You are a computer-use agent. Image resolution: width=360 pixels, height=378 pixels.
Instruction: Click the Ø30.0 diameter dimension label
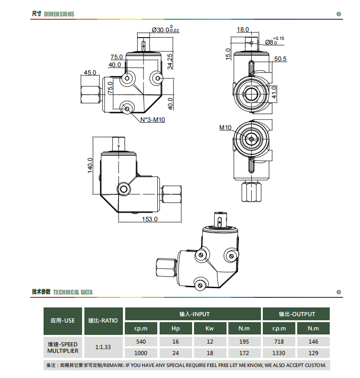[166, 29]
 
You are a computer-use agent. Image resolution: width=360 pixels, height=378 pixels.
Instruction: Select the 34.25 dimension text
[170, 61]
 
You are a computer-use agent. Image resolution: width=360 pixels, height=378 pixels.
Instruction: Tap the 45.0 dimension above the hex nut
[90, 72]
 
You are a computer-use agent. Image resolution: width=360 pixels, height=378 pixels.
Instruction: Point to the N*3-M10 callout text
[153, 120]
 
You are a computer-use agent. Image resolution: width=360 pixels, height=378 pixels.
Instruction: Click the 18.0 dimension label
[243, 29]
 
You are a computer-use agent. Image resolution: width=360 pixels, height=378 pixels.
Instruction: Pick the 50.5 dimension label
[280, 59]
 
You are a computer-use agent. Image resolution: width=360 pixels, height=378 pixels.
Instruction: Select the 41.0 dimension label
[274, 93]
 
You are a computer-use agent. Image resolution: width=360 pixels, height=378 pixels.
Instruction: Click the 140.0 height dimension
[90, 165]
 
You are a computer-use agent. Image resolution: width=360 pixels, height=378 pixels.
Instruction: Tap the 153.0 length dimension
[150, 219]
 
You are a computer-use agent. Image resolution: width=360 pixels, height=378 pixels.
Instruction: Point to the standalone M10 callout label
[225, 127]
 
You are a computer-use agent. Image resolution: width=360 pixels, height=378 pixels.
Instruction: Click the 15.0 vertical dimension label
[228, 54]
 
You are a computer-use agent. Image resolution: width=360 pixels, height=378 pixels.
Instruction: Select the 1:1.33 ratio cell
[103, 347]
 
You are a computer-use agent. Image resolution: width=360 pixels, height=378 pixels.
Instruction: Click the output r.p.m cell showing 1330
[279, 353]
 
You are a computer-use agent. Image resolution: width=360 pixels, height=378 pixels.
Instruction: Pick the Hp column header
[176, 329]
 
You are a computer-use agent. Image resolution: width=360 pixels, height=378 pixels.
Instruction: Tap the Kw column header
[210, 329]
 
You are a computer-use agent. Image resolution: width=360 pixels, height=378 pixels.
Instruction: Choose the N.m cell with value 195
[244, 342]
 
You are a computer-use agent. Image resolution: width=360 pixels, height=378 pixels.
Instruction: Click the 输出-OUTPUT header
[297, 314]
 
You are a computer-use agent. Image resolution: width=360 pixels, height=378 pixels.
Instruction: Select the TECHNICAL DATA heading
[73, 292]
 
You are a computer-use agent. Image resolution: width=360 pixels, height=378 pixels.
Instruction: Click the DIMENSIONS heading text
[59, 14]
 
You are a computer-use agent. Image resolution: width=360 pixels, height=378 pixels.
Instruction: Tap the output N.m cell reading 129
[313, 353]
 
